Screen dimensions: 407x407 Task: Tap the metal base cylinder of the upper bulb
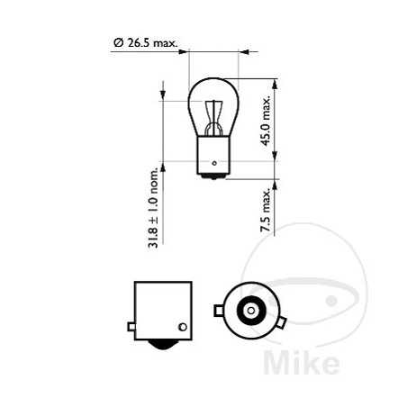point(213,154)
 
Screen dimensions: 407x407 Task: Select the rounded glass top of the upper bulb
point(213,86)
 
